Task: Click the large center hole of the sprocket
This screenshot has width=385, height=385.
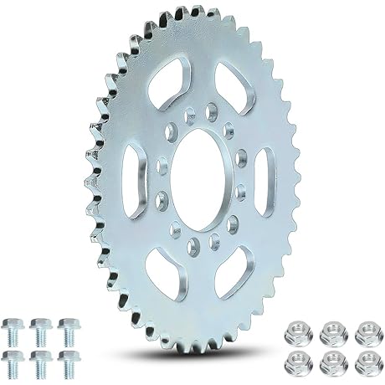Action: tap(198, 182)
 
